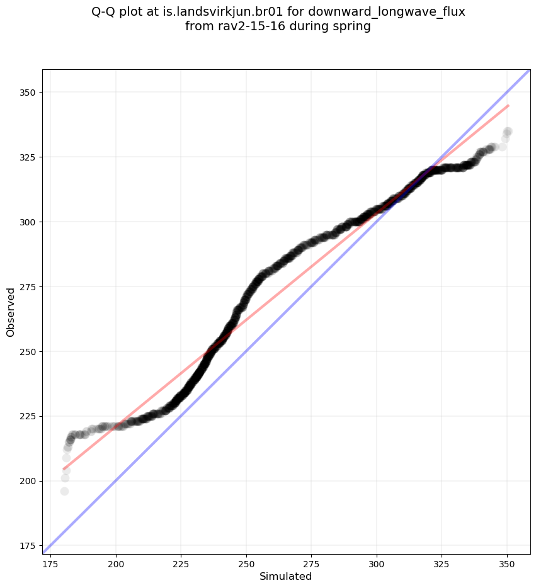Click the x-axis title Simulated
pyautogui.click(x=286, y=576)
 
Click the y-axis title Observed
pyautogui.click(x=11, y=312)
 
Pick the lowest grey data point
pyautogui.click(x=64, y=491)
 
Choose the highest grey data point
pyautogui.click(x=508, y=132)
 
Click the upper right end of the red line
pyautogui.click(x=508, y=105)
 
